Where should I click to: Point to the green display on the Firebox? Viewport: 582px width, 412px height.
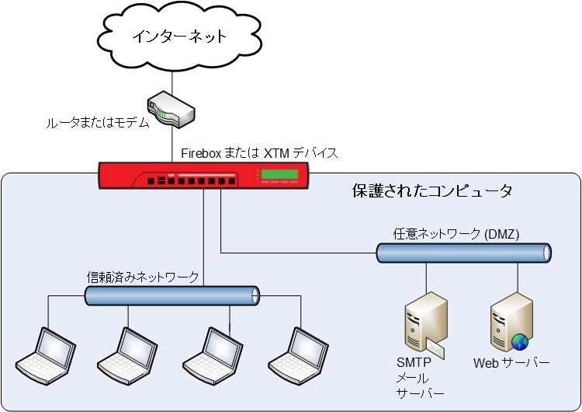281,173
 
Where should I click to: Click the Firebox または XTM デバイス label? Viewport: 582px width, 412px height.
259,152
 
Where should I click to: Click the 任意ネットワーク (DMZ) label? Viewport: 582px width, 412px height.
456,234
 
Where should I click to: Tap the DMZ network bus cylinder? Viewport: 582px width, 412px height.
464,252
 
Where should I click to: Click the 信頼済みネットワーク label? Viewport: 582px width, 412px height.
143,277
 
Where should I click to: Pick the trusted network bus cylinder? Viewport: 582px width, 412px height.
171,295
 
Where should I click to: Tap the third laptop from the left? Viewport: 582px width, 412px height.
210,351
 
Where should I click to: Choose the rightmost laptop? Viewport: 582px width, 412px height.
295,351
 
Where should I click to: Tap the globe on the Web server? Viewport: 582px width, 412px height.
519,341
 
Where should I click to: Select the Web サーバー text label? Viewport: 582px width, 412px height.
511,363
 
